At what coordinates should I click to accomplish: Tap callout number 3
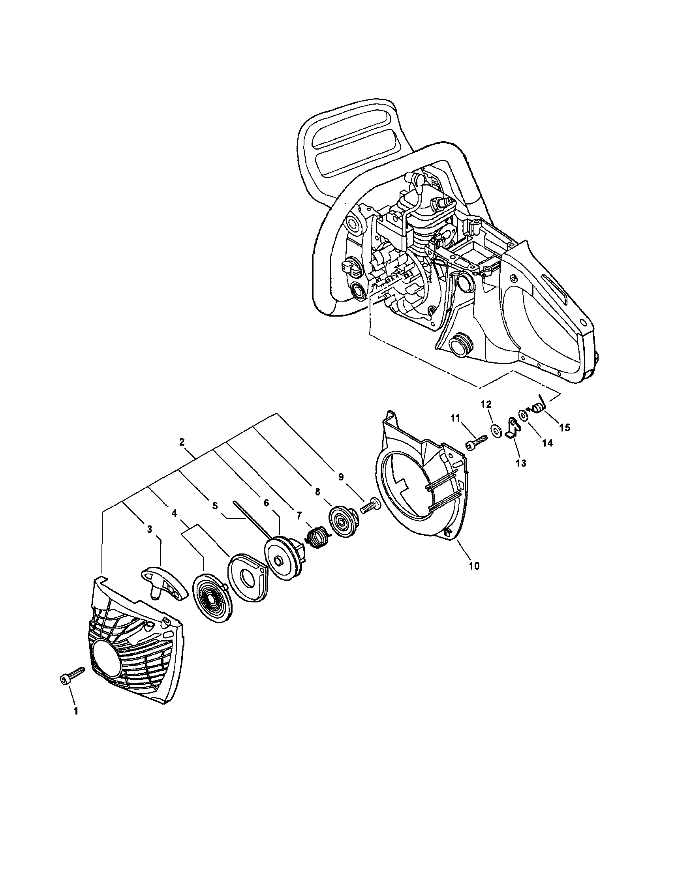(149, 529)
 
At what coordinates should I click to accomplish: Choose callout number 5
(215, 506)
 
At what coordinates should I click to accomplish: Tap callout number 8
(317, 492)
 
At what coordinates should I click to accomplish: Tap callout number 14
(547, 443)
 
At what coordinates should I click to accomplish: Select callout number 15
(564, 428)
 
